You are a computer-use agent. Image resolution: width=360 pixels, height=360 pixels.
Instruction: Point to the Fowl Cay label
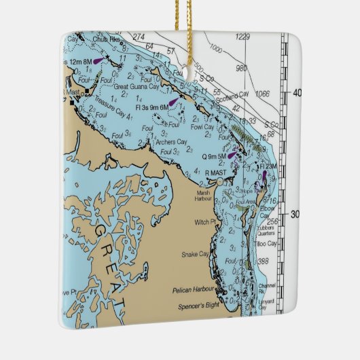tap(203, 127)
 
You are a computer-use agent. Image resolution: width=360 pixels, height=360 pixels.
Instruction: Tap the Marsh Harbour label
tap(204, 195)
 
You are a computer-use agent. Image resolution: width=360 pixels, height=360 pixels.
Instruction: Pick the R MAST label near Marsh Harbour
tap(216, 173)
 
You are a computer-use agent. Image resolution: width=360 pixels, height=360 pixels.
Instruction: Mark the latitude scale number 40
tap(295, 93)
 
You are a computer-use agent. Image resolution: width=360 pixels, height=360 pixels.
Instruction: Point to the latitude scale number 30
tap(295, 214)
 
